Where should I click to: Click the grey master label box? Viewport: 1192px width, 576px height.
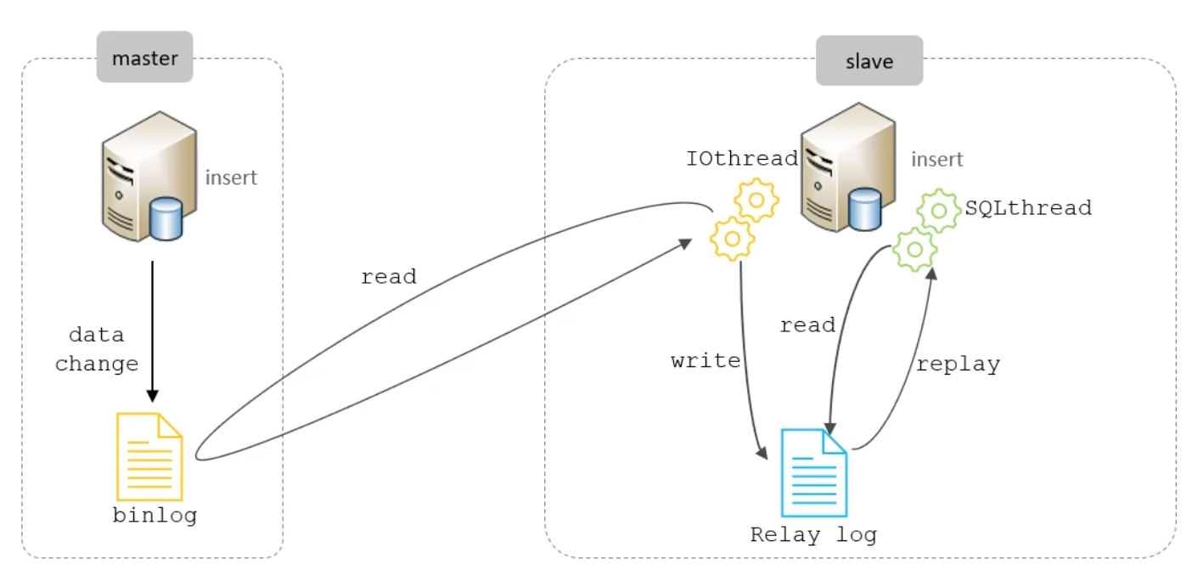tap(144, 58)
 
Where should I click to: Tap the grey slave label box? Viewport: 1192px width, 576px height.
tap(869, 61)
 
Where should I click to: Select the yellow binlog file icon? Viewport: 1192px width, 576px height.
tap(149, 455)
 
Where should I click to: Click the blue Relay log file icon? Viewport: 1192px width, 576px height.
tap(813, 472)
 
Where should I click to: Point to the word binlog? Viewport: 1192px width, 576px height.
tap(155, 515)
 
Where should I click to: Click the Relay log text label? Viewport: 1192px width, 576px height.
tap(812, 535)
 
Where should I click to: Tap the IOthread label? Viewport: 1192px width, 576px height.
tap(741, 159)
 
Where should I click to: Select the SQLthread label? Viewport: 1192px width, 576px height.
tap(1027, 208)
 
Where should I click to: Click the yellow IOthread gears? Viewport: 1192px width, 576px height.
tap(744, 220)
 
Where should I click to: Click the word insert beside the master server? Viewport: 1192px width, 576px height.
tap(231, 178)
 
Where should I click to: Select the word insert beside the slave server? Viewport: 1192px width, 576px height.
tap(937, 159)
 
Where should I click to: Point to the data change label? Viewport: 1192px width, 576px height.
tap(97, 349)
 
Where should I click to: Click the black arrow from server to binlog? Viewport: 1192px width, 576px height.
tap(152, 331)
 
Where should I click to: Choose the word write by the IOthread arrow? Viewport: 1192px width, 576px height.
tap(706, 360)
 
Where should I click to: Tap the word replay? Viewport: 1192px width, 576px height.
tap(958, 364)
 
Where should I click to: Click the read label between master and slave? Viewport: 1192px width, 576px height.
tap(388, 277)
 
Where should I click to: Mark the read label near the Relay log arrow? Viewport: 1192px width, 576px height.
tap(807, 325)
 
